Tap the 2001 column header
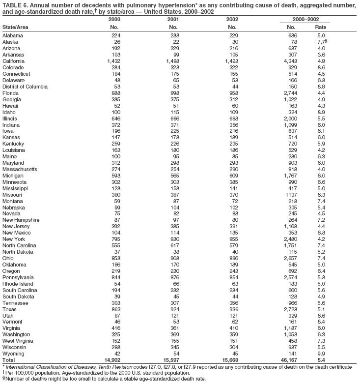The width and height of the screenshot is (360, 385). pyautogui.click(x=173, y=19)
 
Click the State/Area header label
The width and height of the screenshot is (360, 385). pyautogui.click(x=15, y=27)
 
